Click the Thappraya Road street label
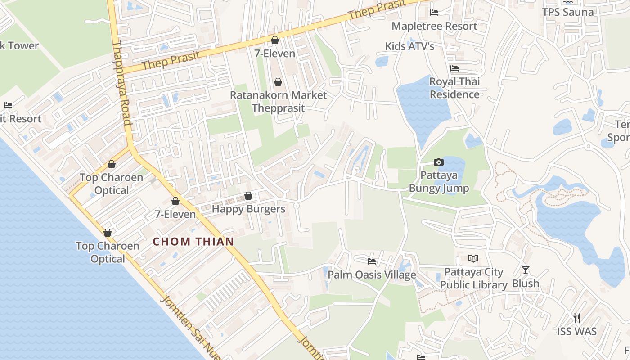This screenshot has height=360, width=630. point(121,83)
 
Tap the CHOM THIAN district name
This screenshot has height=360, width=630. point(193,242)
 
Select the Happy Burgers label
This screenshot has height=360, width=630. point(248,209)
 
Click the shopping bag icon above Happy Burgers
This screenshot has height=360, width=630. point(248,196)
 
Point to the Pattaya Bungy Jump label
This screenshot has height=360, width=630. point(439,181)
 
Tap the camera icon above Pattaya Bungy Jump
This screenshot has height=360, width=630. point(438,162)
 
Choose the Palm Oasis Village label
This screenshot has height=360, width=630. point(372,274)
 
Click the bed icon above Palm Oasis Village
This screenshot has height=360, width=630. point(372,261)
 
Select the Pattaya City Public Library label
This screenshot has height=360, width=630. point(473,278)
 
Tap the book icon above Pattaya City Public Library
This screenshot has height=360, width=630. point(473,258)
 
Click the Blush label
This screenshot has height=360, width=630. point(526,283)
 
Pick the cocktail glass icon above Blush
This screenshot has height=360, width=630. point(526,270)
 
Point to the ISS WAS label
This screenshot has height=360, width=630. point(577,332)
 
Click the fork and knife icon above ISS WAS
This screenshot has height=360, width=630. point(577,318)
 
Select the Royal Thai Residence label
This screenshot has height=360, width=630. point(454,88)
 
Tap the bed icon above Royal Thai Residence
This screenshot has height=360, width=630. point(454,68)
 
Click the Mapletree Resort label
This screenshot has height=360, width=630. point(434,26)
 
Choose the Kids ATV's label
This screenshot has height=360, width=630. point(409,46)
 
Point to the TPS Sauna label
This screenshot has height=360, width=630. point(568,12)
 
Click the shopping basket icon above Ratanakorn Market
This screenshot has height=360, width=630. point(278,82)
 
